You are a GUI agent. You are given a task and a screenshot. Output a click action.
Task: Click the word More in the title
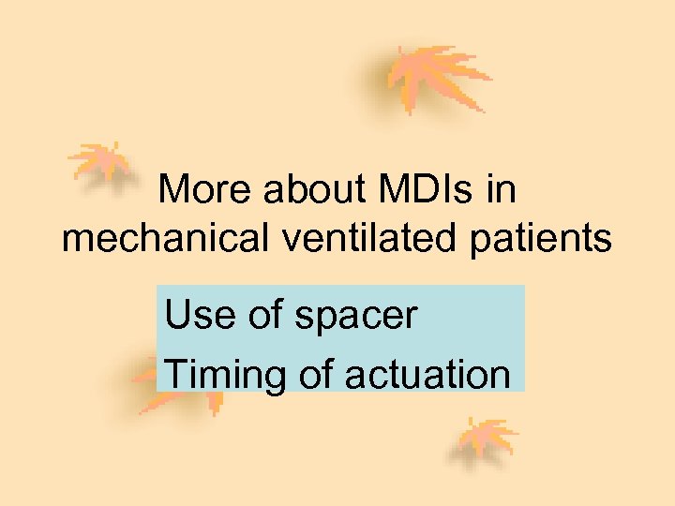[x=206, y=190]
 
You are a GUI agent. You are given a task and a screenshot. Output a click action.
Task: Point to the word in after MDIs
[x=501, y=190]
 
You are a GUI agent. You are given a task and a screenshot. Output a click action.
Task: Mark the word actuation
[x=427, y=375]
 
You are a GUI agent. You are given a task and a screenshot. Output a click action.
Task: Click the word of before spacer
[x=267, y=315]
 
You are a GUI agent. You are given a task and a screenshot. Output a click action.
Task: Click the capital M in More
[x=174, y=190]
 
